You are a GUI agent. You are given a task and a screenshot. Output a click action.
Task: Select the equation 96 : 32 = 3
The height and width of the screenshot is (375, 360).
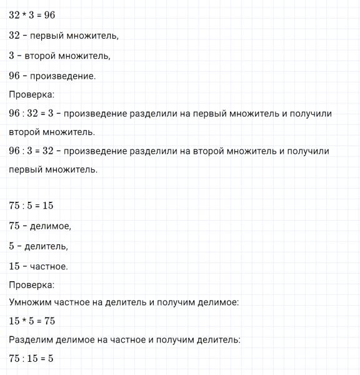point(34,113)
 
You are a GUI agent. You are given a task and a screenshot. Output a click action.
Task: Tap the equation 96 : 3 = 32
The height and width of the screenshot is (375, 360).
point(34,151)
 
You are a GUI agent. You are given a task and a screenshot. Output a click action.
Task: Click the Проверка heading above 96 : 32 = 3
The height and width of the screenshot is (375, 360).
point(32,95)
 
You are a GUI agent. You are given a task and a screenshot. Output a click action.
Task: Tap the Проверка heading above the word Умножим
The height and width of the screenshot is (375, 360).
point(32,284)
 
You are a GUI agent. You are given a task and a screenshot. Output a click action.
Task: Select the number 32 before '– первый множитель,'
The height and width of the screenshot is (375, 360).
point(16,36)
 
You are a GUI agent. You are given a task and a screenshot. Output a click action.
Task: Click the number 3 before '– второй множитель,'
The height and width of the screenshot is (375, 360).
point(12,56)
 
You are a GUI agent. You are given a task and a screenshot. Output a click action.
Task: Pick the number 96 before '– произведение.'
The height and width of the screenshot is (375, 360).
point(16,76)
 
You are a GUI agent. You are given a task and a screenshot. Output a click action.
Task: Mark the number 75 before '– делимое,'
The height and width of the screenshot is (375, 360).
point(16,226)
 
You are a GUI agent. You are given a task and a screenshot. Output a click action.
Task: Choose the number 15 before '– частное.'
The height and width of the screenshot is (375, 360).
point(16,266)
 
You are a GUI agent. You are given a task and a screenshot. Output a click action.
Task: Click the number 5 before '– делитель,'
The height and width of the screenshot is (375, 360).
point(12,246)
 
